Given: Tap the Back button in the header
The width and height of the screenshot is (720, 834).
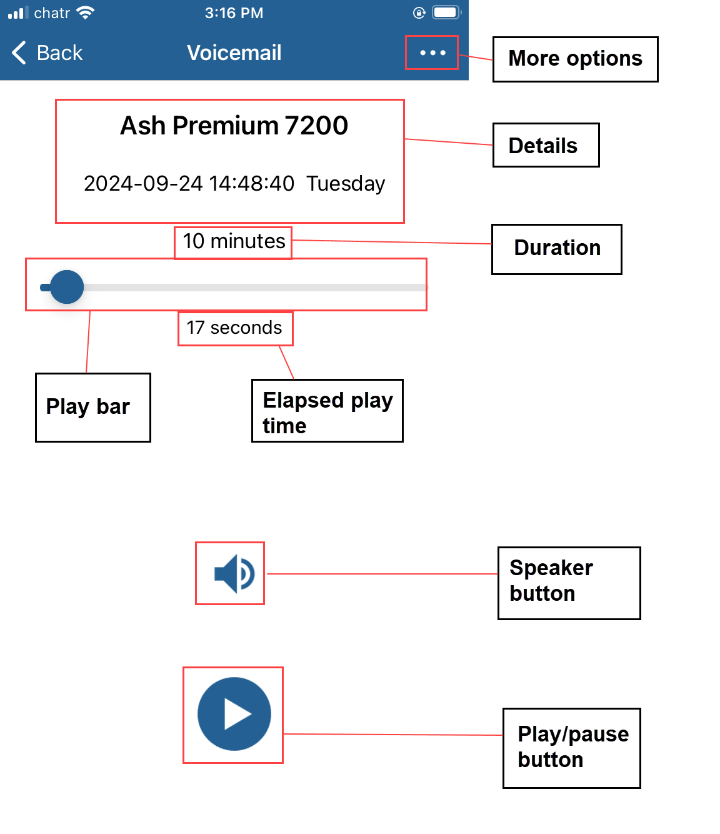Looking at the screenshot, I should click(47, 53).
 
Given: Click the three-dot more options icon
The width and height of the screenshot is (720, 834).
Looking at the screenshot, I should click(432, 53).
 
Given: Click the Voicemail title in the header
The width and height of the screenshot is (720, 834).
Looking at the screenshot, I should click(234, 53).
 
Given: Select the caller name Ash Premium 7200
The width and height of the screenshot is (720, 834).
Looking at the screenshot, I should click(234, 126).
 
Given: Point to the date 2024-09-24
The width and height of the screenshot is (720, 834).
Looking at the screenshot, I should click(143, 184).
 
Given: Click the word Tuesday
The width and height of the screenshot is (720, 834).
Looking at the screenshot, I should click(346, 184).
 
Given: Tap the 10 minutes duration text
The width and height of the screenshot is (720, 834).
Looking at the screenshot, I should click(234, 241).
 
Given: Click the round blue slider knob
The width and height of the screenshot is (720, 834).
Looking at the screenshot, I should click(67, 287).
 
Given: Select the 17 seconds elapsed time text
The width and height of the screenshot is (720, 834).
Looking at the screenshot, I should click(234, 328).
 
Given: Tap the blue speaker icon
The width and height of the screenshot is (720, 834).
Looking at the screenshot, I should click(234, 573).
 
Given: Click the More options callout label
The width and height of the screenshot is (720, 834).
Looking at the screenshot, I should click(575, 59).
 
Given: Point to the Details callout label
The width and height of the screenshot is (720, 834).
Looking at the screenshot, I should click(543, 146).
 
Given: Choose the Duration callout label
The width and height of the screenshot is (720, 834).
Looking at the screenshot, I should click(557, 248).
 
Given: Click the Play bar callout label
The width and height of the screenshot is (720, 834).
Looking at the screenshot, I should click(88, 407).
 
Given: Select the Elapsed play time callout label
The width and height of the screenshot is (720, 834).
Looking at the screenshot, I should click(327, 412).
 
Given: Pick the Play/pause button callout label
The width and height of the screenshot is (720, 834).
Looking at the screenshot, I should click(572, 747).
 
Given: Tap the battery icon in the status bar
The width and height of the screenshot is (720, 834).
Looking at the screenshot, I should click(446, 13).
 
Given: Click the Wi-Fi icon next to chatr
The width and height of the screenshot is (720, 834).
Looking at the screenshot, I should click(84, 13).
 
